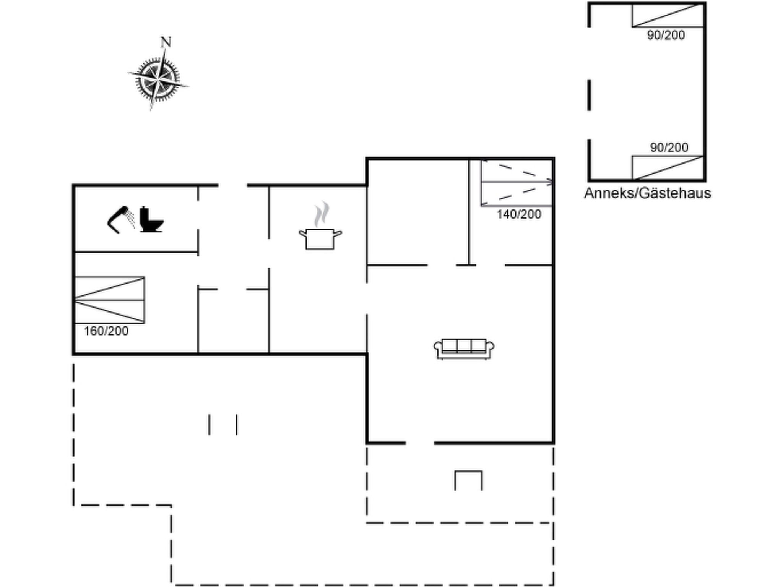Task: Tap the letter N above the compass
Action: pyautogui.click(x=166, y=42)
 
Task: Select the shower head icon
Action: pyautogui.click(x=121, y=219)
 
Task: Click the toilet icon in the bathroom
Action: pyautogui.click(x=151, y=219)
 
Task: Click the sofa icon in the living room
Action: pyautogui.click(x=464, y=349)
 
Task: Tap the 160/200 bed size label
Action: pyautogui.click(x=106, y=331)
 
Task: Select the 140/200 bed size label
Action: pyautogui.click(x=519, y=214)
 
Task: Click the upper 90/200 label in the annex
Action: pyautogui.click(x=666, y=35)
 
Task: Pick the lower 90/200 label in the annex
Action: pyautogui.click(x=669, y=148)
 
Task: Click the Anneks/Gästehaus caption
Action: pyautogui.click(x=647, y=193)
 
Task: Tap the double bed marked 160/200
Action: pyautogui.click(x=109, y=300)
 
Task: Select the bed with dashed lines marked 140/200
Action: pyautogui.click(x=517, y=183)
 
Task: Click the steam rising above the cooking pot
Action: pyautogui.click(x=322, y=214)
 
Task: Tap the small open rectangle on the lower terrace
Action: pyautogui.click(x=468, y=480)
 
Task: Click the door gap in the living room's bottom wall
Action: pyautogui.click(x=420, y=443)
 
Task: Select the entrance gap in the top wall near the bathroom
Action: pyautogui.click(x=233, y=185)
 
